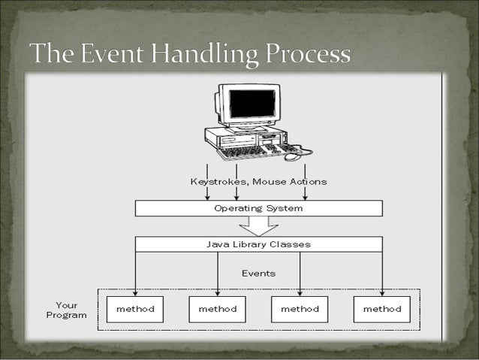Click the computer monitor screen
pos(252,103)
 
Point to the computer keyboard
pos(244,150)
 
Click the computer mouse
pos(293,156)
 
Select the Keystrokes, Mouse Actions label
pos(258,181)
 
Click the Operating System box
pos(258,208)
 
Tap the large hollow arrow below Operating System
pos(258,225)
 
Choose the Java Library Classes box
pos(258,244)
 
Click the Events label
pos(258,274)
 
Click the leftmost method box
pos(135,309)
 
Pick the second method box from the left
pos(218,309)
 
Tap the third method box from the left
pos(300,309)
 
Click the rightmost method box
pos(382,309)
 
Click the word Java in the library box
pos(217,244)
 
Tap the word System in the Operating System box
pos(286,208)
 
